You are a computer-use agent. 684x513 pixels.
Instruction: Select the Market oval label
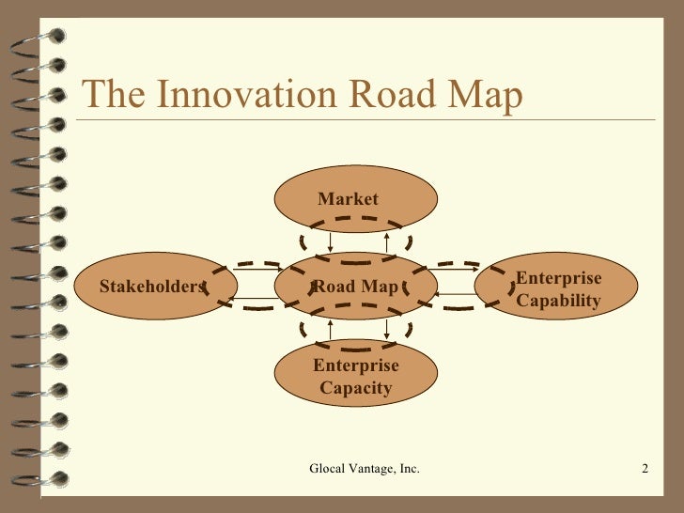click(x=348, y=198)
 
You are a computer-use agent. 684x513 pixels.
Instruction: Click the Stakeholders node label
click(x=152, y=286)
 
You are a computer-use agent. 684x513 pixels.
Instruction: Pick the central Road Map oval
click(x=355, y=286)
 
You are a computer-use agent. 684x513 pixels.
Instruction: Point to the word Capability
click(x=558, y=301)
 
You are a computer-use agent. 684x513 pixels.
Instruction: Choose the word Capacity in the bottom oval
click(x=355, y=387)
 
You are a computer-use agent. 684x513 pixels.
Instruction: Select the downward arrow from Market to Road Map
click(x=331, y=241)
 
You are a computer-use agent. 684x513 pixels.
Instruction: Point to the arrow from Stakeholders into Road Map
click(x=256, y=271)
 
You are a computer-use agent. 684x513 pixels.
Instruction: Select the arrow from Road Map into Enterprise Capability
click(x=457, y=271)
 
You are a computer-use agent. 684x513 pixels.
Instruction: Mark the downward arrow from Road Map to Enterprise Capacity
click(x=387, y=329)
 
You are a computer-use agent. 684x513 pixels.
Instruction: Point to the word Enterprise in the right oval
click(x=559, y=279)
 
